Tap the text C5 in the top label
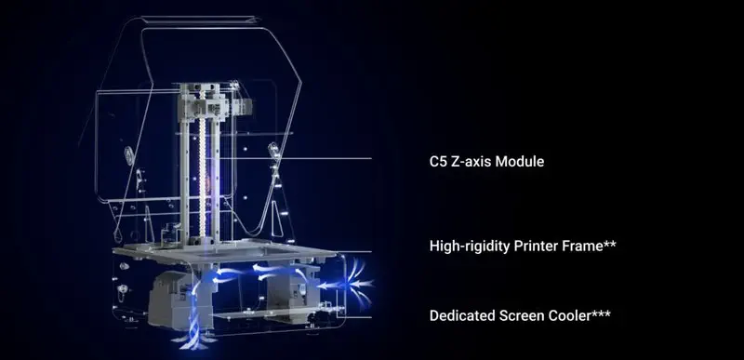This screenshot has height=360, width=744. coord(438,162)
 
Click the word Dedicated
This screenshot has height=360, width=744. coord(463,315)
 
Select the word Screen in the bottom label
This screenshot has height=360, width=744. coord(526,315)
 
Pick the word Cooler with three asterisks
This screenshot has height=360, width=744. coord(580,315)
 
